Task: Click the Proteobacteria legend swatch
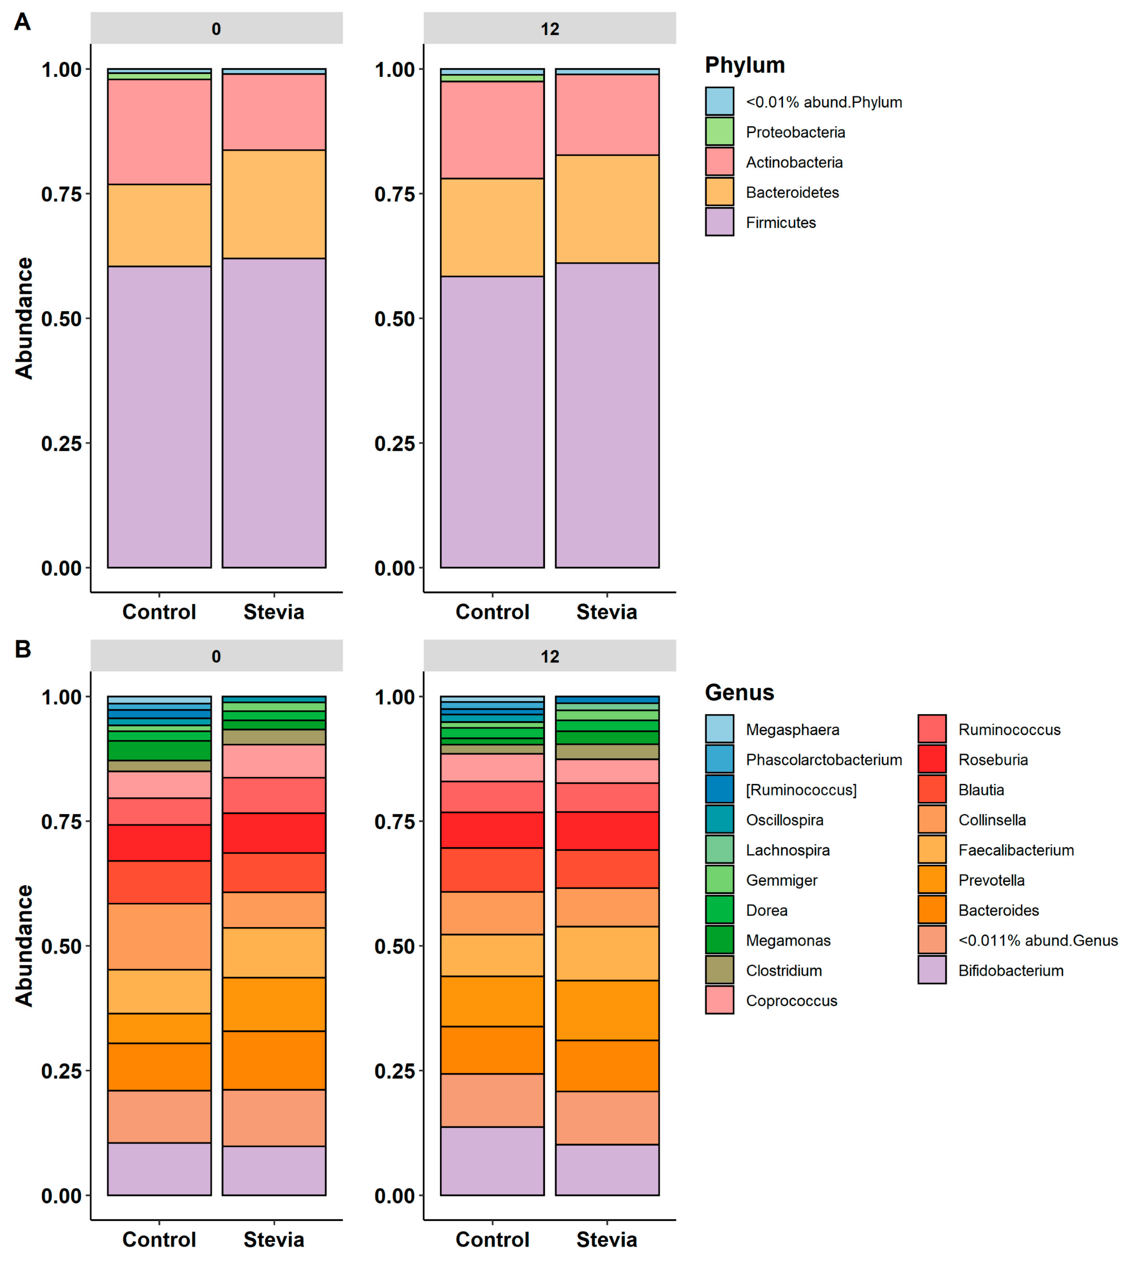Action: click(x=719, y=131)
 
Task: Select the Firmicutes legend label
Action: click(x=781, y=222)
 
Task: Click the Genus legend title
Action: click(x=739, y=693)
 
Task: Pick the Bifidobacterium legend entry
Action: click(x=1010, y=971)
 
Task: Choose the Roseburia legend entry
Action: click(x=993, y=760)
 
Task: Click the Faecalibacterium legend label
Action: click(x=1016, y=850)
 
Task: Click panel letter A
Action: click(x=22, y=22)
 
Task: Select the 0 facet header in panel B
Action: click(x=216, y=656)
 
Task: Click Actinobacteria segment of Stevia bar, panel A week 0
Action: click(x=274, y=112)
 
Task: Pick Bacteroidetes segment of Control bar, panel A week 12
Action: click(x=492, y=227)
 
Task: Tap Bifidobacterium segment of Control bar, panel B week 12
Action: click(x=492, y=1161)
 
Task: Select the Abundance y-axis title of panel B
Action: click(x=24, y=945)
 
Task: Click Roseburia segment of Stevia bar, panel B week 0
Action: click(x=274, y=833)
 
